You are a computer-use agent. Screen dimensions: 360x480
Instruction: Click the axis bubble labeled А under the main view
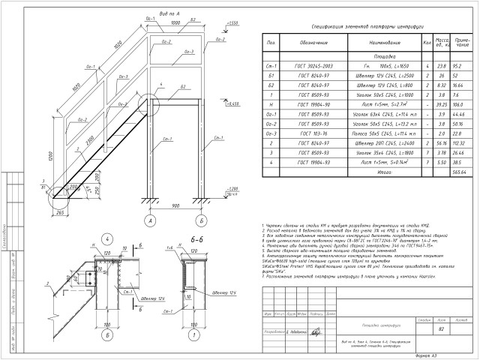pyautogui.click(x=151, y=221)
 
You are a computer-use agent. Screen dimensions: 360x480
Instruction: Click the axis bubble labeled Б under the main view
pyautogui.click(x=202, y=221)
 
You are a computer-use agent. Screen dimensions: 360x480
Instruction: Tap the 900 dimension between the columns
pyautogui.click(x=176, y=205)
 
